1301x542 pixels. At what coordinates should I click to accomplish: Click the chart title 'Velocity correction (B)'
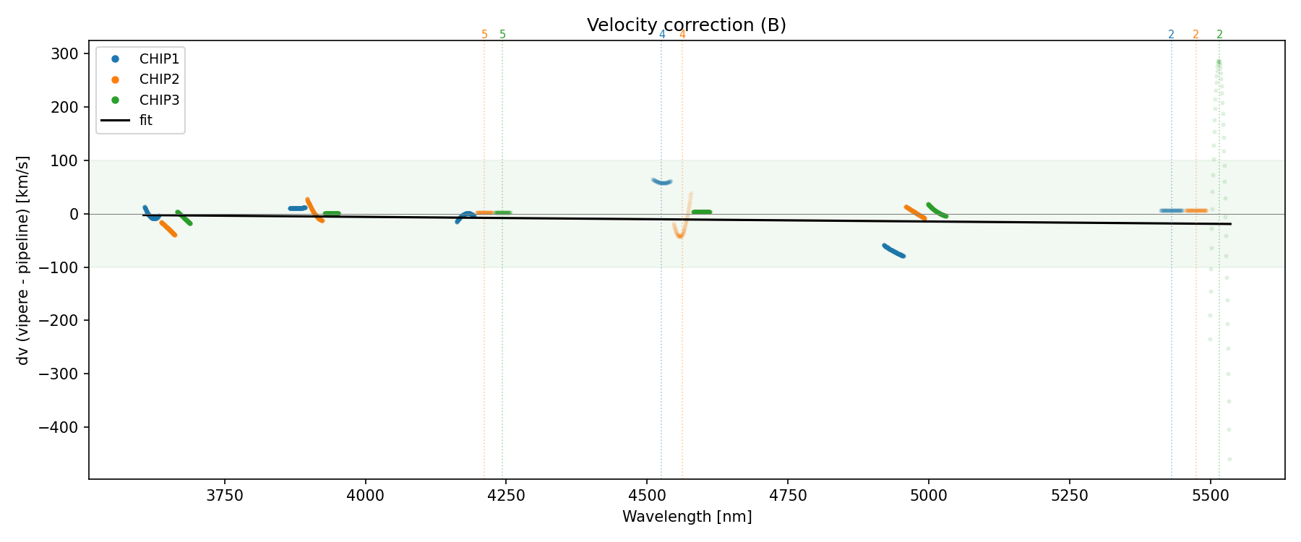point(686,25)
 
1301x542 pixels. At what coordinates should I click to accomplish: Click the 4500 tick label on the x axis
point(647,495)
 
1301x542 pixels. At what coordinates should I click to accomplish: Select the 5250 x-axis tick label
point(1069,495)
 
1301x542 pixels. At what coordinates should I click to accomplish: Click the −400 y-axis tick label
point(59,427)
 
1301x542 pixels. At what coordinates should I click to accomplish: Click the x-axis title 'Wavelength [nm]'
point(687,517)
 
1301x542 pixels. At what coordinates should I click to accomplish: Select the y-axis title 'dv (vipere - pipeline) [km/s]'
point(23,260)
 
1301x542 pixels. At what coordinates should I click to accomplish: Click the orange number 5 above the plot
point(484,35)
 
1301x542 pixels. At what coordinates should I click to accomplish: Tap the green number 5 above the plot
point(503,35)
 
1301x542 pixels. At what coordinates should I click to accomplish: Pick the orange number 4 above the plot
point(682,35)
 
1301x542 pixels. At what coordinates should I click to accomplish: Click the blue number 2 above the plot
point(1171,35)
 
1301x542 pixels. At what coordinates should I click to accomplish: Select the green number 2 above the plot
point(1220,35)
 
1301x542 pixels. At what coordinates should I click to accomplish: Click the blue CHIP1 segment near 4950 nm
point(894,251)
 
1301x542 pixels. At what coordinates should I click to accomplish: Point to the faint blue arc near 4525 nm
point(662,181)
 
